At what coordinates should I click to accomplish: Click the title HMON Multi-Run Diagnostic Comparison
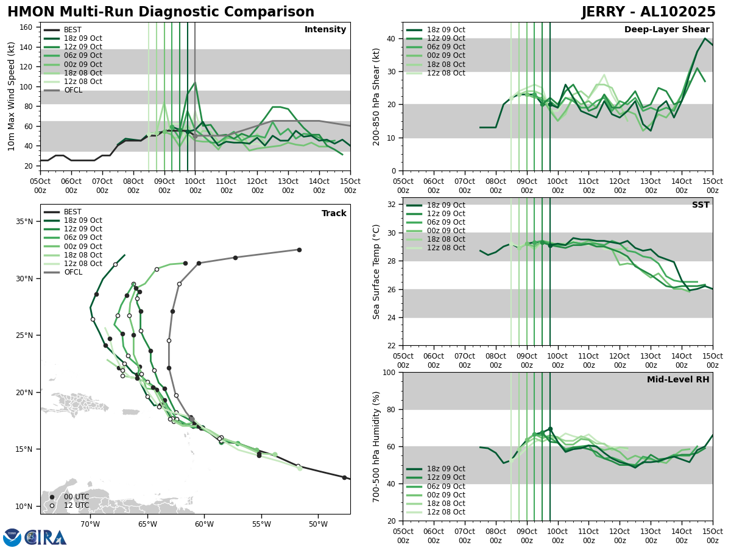(x=161, y=12)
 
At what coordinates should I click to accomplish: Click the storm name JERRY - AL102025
(x=649, y=12)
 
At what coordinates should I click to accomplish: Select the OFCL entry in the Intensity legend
(x=72, y=90)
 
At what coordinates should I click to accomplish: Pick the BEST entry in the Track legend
(x=72, y=212)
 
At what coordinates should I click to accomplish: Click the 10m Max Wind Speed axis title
(x=12, y=96)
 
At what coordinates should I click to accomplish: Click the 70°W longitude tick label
(x=90, y=524)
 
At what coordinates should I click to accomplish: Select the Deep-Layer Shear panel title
(x=666, y=30)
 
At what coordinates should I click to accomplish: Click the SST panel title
(x=700, y=205)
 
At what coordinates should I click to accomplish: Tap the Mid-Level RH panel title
(x=678, y=380)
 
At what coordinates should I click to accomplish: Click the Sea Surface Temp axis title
(x=376, y=272)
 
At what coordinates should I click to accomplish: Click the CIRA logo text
(x=46, y=538)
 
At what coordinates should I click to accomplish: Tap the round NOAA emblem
(x=12, y=538)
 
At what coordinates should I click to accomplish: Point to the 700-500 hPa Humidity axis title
(x=376, y=447)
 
